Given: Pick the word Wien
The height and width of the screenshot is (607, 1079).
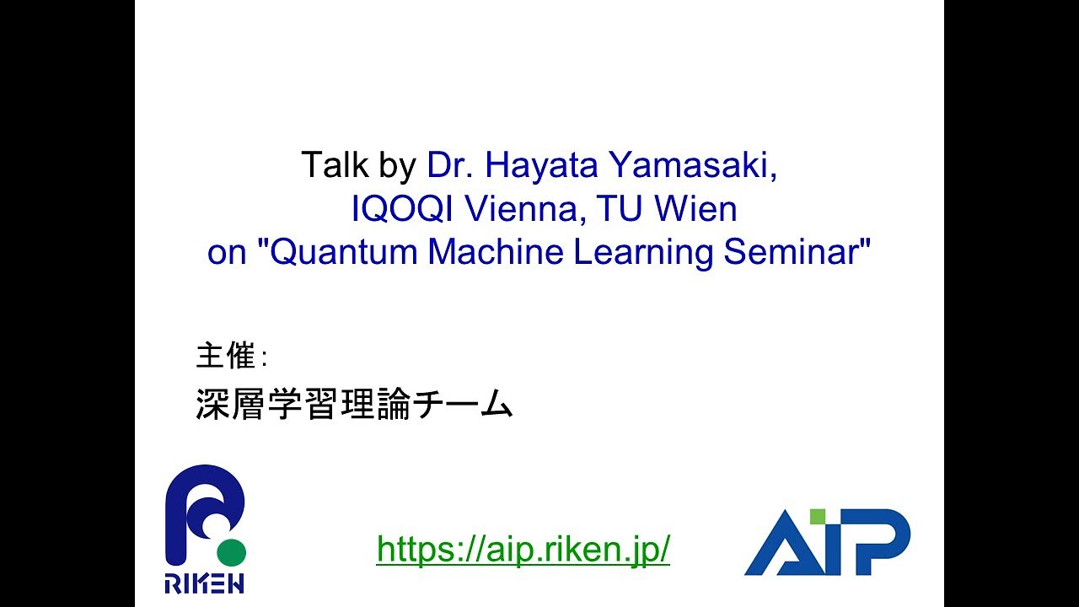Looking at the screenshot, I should point(695,209).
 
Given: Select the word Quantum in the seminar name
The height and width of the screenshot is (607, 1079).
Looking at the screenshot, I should point(344,253).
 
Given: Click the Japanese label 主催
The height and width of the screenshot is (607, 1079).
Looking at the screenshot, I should point(226,357).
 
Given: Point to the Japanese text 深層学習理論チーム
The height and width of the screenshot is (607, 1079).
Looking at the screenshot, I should point(354,406).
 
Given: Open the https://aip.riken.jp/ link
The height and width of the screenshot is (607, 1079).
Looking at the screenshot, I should point(523,549).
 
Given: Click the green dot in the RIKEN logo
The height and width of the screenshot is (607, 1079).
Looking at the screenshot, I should point(231,553).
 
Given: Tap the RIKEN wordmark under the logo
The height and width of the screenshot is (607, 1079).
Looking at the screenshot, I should point(205,583).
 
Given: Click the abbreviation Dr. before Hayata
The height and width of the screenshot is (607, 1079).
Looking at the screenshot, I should point(450,165).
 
